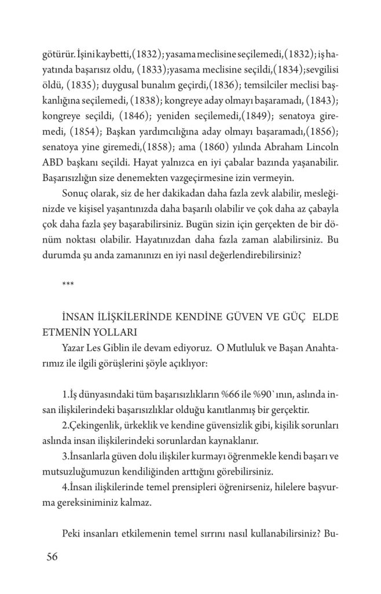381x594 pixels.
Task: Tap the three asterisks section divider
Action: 67,282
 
